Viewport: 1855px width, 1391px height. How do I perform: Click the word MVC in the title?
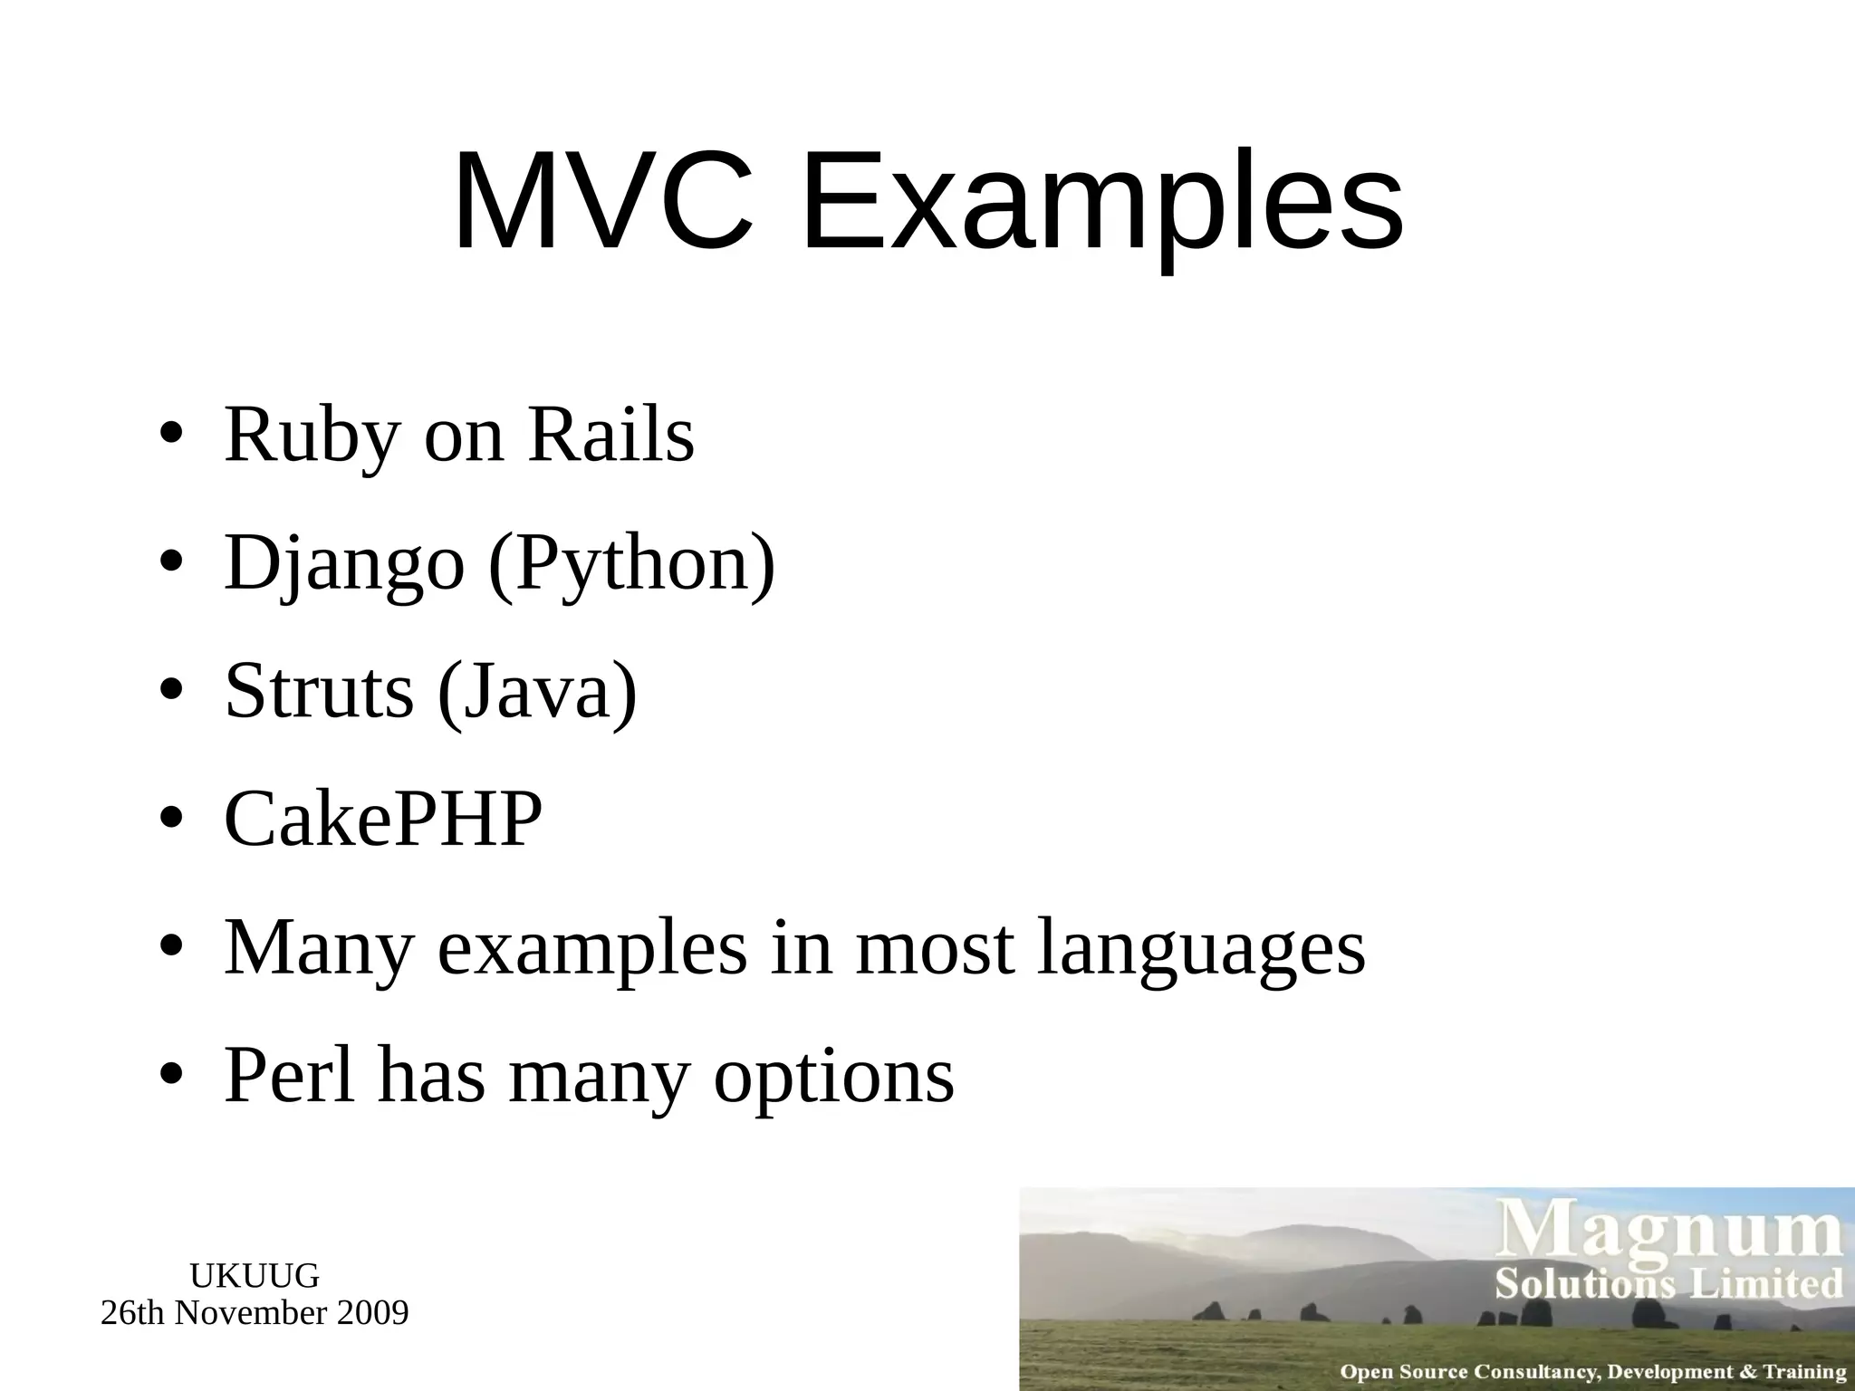602,201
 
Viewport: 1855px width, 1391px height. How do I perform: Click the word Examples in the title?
1101,201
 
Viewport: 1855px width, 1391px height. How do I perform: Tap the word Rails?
610,435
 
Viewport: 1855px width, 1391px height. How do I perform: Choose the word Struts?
319,691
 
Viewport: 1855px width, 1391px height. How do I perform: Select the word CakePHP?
383,819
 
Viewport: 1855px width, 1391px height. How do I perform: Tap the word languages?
1201,949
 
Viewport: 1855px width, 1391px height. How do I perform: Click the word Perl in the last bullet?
289,1075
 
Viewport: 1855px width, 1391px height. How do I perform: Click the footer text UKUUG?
255,1276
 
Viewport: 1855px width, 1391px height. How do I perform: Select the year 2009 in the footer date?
372,1312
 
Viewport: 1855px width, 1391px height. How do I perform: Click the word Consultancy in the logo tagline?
1535,1371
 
